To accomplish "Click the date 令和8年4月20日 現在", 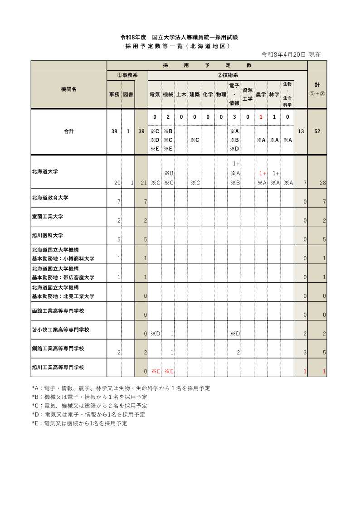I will click(291, 54).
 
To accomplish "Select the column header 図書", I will click(128, 94).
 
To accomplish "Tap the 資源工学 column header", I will click(248, 94).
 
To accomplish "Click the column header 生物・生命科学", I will click(287, 94).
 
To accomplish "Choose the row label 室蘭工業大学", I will click(47, 217).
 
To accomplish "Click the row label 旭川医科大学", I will click(47, 236).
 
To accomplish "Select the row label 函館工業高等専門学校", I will click(58, 311).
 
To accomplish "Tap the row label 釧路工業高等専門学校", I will click(58, 349).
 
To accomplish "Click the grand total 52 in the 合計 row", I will click(317, 131).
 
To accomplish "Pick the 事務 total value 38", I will click(115, 131).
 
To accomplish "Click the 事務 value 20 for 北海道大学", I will click(117, 183).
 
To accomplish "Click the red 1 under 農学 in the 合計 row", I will click(261, 117).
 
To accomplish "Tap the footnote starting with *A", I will click(121, 388).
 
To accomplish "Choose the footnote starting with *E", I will click(79, 423).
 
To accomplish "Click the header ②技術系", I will click(228, 75).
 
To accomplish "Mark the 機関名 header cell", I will click(68, 89).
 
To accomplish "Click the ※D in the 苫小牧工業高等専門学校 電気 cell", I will click(156, 334).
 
